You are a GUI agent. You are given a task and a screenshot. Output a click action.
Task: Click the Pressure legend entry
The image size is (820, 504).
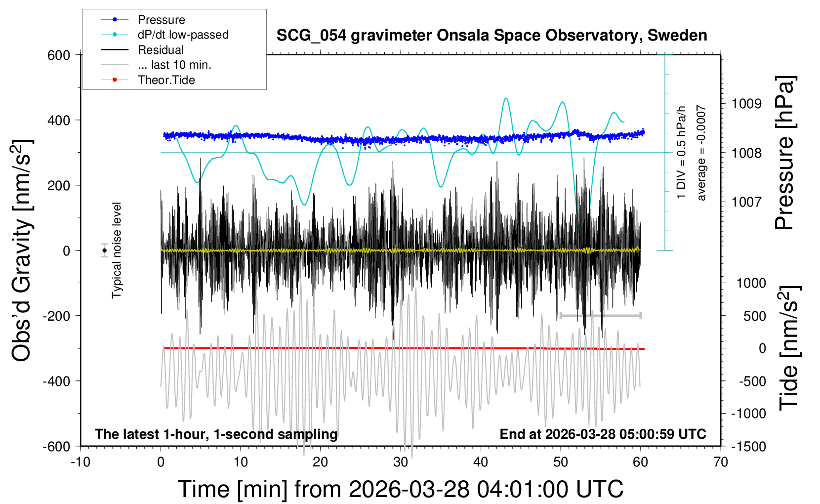[161, 20]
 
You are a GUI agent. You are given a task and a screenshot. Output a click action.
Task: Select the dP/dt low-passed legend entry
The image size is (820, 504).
[183, 35]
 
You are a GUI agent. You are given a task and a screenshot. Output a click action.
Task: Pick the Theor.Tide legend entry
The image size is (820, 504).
[166, 80]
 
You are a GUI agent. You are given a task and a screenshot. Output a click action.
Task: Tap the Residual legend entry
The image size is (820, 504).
[161, 50]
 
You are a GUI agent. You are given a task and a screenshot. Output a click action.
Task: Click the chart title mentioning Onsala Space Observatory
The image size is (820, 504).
[492, 36]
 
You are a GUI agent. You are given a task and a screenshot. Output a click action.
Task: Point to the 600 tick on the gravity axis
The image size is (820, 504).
[59, 55]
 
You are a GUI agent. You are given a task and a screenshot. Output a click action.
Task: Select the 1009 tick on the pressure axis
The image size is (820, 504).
[746, 104]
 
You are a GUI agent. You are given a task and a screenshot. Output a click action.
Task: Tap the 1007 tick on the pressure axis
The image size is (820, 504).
[746, 202]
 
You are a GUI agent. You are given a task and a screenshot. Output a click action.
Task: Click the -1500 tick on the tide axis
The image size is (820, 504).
[748, 447]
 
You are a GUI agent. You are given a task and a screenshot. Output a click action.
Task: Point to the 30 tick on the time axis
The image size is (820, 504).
[401, 462]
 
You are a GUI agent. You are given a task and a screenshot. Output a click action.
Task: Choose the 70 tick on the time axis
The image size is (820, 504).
[721, 462]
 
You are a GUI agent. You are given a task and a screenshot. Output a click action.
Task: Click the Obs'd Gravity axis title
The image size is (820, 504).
[22, 251]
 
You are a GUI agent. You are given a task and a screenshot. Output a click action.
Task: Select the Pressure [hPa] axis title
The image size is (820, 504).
[784, 153]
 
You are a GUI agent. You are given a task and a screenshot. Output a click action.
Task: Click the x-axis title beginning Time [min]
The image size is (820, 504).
[400, 489]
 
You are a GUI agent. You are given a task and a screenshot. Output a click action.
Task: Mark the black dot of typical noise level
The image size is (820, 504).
[104, 251]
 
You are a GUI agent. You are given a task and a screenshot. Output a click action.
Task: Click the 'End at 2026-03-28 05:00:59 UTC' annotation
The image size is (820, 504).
[603, 434]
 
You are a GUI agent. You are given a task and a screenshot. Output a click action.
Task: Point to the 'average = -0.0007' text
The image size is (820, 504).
[701, 153]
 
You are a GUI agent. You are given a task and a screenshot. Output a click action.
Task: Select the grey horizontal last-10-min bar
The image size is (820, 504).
[600, 315]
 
